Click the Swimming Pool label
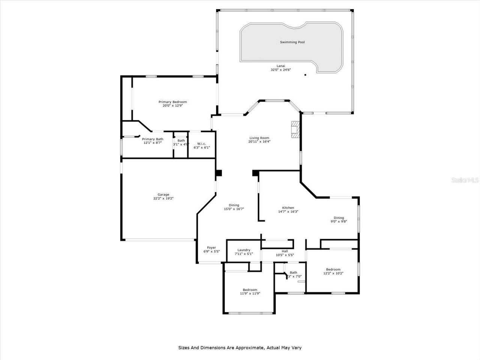coord(292,42)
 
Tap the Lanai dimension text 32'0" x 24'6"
coord(281,70)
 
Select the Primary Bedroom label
coord(172,102)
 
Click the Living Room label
coord(259,138)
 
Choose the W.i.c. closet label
coord(201,144)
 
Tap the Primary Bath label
coord(152,139)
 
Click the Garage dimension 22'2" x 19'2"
coord(163,198)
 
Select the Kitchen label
coord(288,208)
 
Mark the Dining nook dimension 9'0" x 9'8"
coord(339,221)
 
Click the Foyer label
coord(211,247)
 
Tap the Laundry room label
coord(244,250)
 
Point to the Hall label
coord(285,251)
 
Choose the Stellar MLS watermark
coord(465,180)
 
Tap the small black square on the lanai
coord(305,75)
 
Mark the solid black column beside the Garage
coord(219,173)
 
